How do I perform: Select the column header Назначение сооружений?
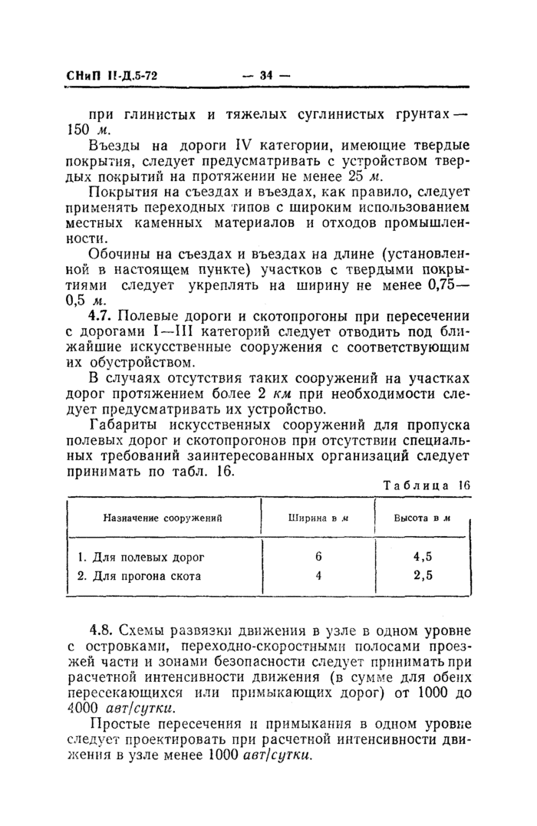tap(163, 518)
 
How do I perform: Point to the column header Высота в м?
tap(421, 518)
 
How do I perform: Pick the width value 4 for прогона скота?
tap(318, 575)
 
